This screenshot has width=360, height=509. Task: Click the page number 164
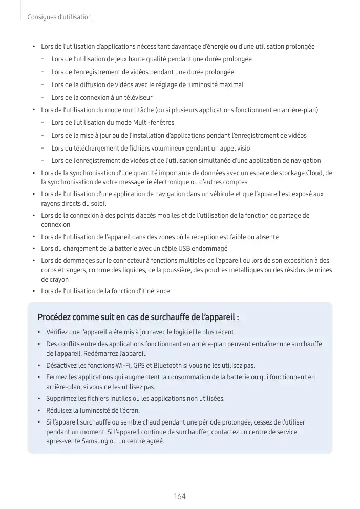pos(179,497)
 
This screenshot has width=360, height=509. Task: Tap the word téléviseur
pos(137,97)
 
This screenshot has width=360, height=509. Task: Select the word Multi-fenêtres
pos(153,123)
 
